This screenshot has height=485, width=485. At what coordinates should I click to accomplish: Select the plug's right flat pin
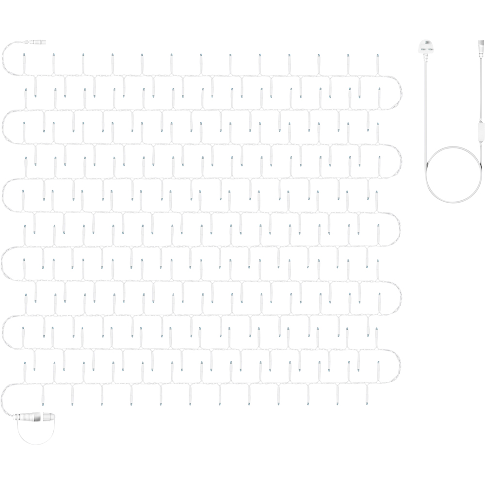click(430, 50)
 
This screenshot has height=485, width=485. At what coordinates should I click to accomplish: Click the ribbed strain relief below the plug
click(425, 58)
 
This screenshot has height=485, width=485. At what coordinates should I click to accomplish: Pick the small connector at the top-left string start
click(37, 43)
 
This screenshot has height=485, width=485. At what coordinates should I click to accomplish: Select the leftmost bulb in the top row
click(23, 61)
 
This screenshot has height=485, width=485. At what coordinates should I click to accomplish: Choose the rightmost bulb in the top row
click(377, 61)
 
